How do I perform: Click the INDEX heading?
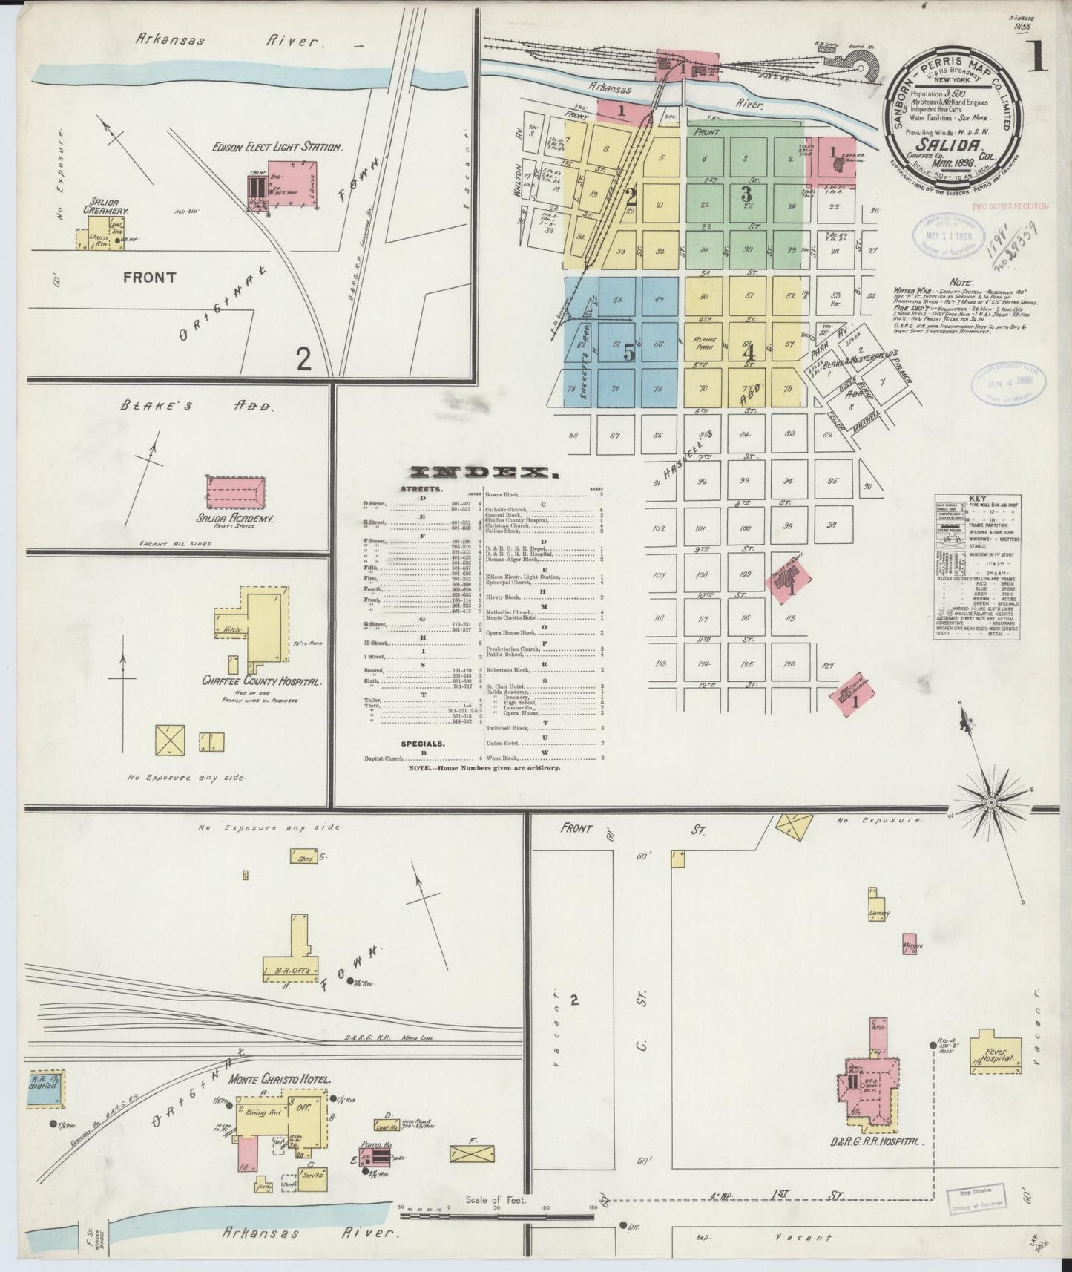(x=483, y=473)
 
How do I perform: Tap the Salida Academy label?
(x=232, y=519)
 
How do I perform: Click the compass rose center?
(x=992, y=803)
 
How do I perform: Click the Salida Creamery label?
(x=107, y=206)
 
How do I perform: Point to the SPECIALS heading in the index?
(x=423, y=743)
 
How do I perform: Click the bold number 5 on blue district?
(x=629, y=353)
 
